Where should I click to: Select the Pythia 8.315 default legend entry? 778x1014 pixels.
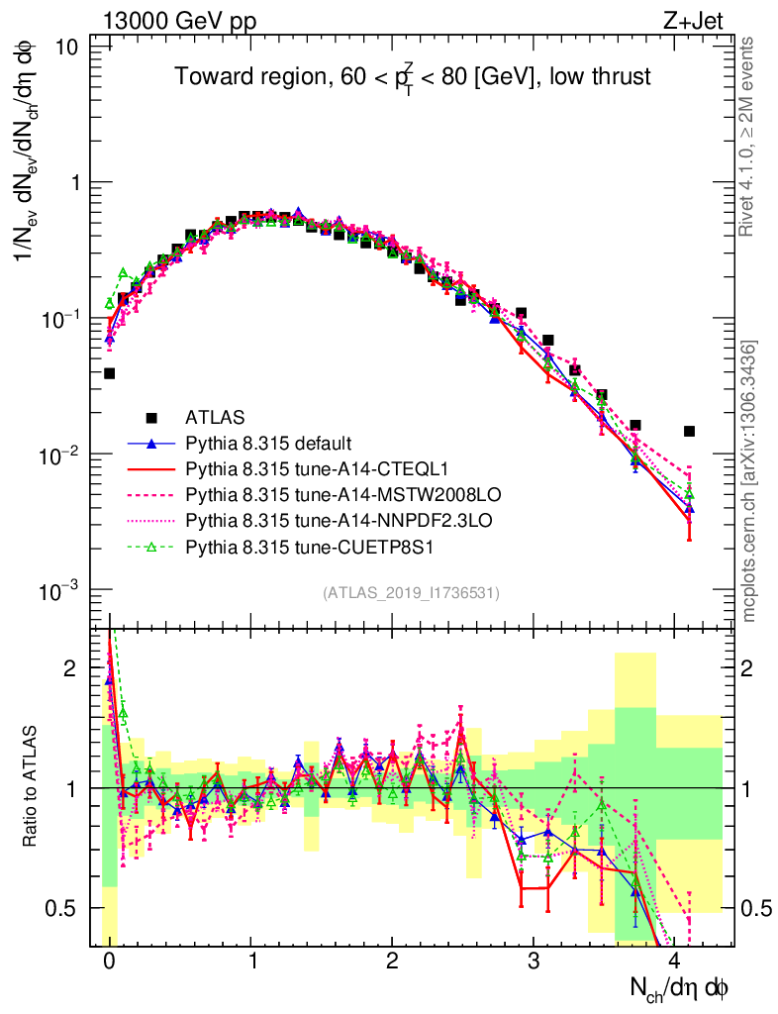pos(268,443)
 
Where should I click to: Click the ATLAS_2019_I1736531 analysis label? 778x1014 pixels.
pos(411,593)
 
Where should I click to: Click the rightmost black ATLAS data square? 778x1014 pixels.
pos(689,431)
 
